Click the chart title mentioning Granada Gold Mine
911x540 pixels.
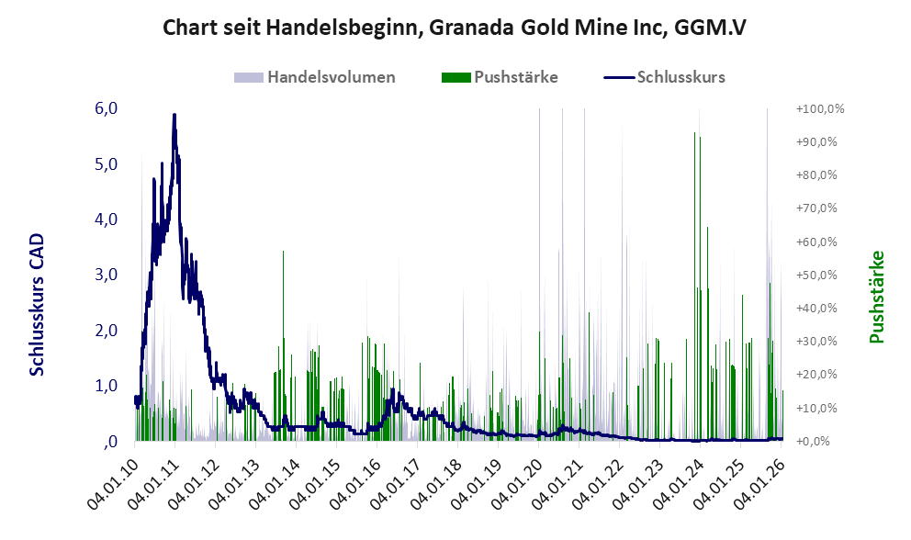pos(455,28)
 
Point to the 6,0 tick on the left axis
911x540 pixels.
pos(106,108)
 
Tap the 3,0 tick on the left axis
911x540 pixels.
pos(106,275)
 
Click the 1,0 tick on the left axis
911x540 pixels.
pos(106,386)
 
